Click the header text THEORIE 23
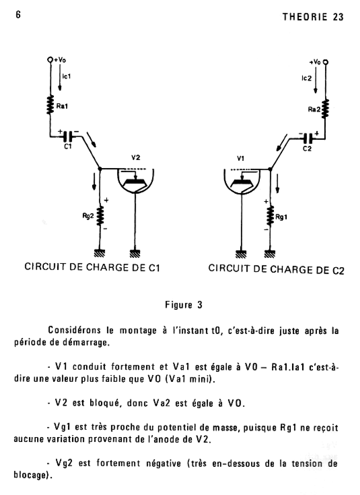point(313,17)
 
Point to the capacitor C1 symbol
point(68,137)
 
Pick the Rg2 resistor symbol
point(99,216)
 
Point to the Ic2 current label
point(307,78)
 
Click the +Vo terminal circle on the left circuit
point(50,59)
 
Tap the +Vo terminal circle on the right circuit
point(325,62)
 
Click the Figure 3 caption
point(184,305)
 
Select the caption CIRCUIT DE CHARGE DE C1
point(92,267)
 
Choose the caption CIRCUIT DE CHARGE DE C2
point(276,269)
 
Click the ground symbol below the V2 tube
point(135,253)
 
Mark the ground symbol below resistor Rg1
point(270,254)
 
